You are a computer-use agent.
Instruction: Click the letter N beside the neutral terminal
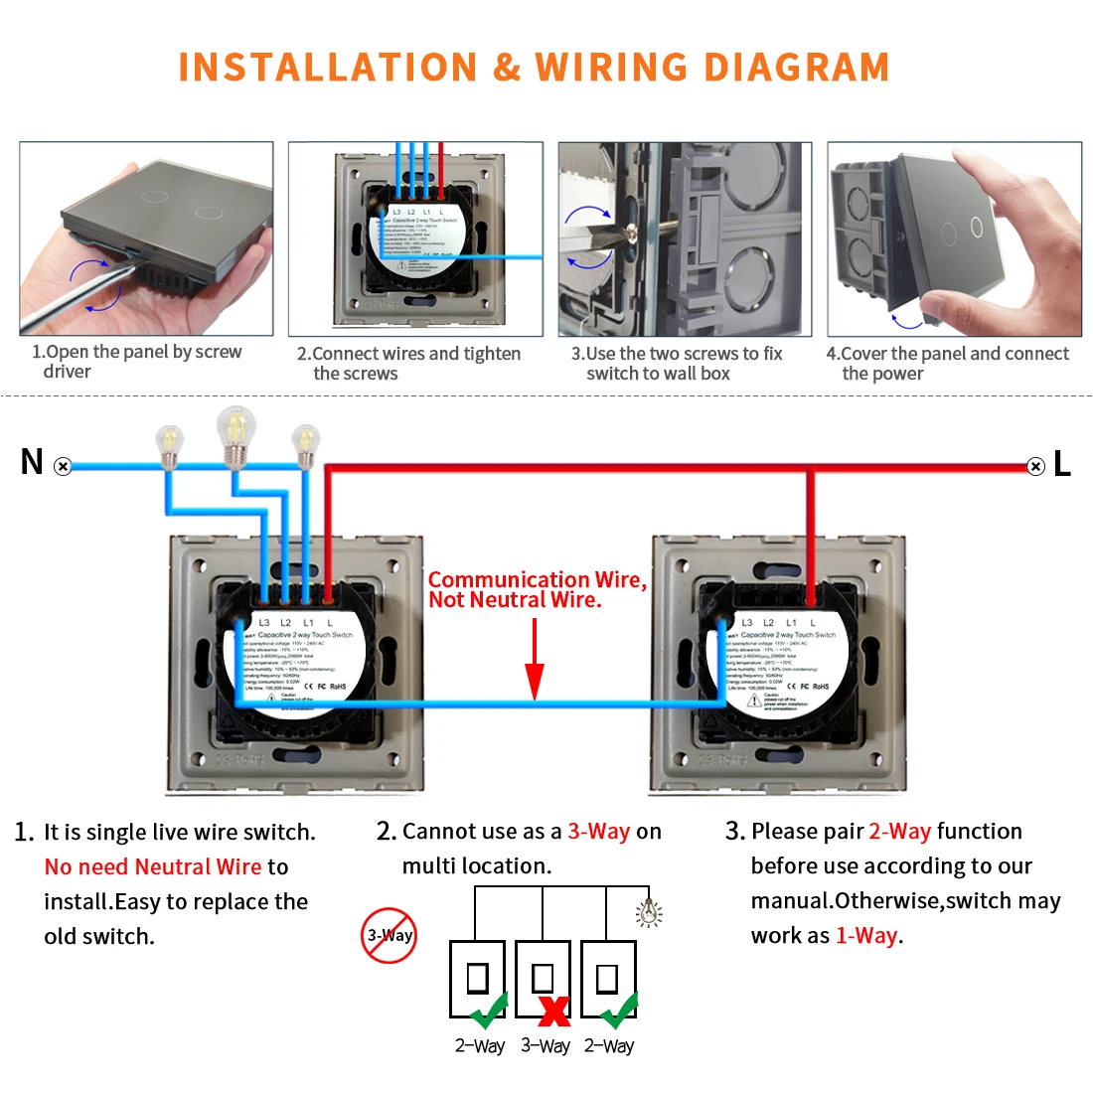click(x=32, y=462)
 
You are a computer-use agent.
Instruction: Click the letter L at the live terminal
click(x=1062, y=464)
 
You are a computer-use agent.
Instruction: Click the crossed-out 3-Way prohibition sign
click(x=389, y=935)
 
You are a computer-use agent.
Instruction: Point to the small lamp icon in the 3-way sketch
click(x=649, y=912)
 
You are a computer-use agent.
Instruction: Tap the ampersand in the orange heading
click(x=507, y=68)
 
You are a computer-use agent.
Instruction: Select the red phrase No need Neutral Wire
click(x=153, y=866)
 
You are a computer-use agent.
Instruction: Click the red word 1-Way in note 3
click(x=866, y=935)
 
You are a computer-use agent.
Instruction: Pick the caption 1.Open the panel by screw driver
click(x=136, y=361)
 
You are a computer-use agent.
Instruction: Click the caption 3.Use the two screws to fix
click(x=676, y=354)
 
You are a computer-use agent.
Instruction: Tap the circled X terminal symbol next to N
click(x=64, y=466)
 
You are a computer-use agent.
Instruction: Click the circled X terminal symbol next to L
click(x=1035, y=466)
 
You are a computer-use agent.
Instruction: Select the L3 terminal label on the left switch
click(x=264, y=623)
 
